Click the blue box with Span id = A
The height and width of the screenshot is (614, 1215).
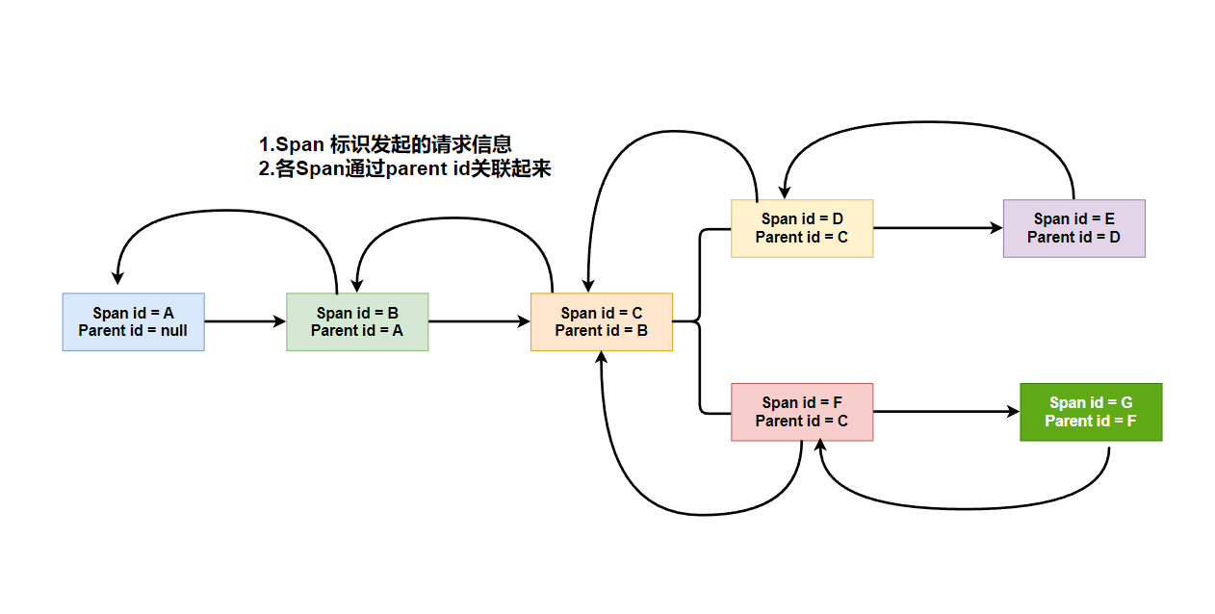[x=133, y=321]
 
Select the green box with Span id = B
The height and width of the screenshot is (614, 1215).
[x=357, y=321]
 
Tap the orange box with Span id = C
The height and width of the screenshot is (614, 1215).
[x=602, y=321]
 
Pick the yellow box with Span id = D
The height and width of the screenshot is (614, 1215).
[x=802, y=228]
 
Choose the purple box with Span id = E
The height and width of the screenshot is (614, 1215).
[x=1073, y=228]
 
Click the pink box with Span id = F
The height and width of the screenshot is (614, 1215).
[x=802, y=412]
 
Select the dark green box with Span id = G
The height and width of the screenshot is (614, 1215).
[x=1091, y=412]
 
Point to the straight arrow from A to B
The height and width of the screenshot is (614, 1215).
[x=246, y=321]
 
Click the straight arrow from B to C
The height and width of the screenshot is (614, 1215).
[x=479, y=321]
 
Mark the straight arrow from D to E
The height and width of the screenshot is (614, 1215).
[x=938, y=228]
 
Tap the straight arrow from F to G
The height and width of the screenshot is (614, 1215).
[x=945, y=412]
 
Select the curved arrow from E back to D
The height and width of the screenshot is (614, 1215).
[x=929, y=123]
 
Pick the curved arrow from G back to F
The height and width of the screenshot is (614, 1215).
[x=963, y=507]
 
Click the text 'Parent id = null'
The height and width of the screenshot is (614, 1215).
[x=133, y=330]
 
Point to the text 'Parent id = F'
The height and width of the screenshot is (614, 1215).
[x=1091, y=421]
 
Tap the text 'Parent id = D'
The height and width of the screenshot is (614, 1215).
[x=1073, y=237]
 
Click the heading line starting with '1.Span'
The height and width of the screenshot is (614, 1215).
[x=385, y=144]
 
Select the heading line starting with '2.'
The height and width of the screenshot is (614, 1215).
[x=404, y=168]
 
